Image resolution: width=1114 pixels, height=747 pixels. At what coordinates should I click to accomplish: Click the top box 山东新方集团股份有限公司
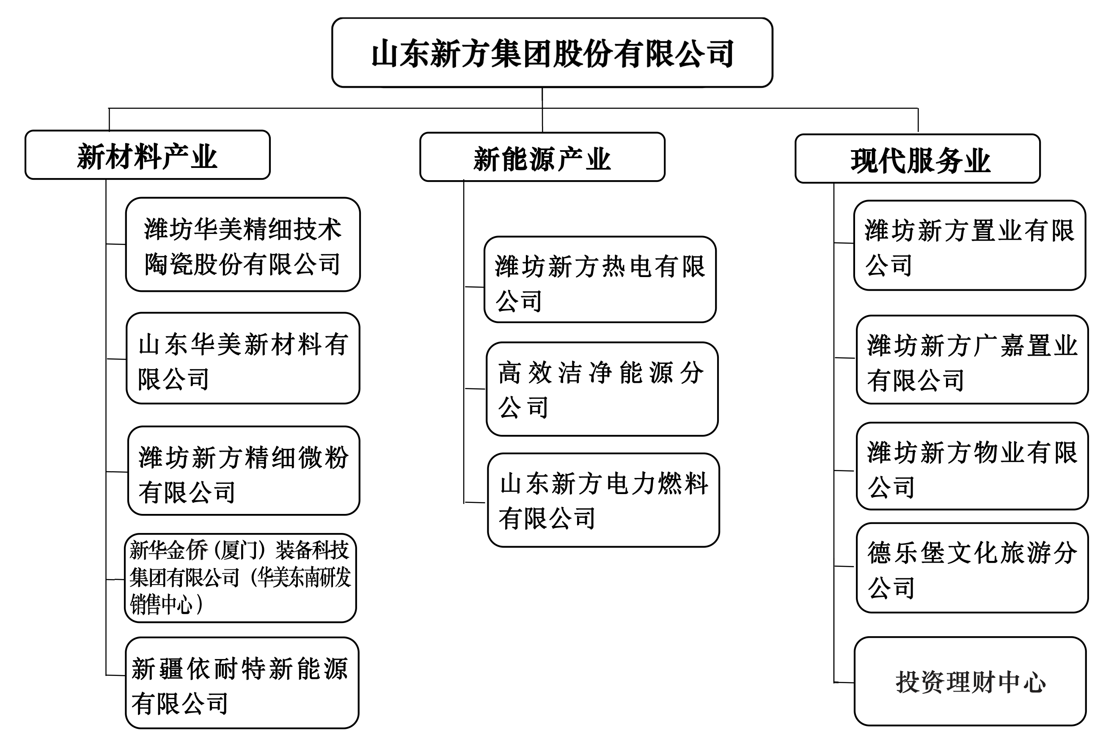552,52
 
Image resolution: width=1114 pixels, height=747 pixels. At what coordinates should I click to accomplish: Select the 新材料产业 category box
148,155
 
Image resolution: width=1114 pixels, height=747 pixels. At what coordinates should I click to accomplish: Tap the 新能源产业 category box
542,157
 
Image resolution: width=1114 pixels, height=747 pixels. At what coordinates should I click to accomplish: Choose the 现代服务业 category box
918,159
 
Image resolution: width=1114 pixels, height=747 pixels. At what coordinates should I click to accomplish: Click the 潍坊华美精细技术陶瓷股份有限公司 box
243,244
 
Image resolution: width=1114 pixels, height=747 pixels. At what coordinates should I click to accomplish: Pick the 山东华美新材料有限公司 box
243,358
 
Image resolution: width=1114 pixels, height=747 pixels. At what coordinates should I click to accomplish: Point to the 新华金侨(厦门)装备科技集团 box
241,578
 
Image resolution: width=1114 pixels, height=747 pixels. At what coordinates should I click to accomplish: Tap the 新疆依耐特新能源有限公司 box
242,683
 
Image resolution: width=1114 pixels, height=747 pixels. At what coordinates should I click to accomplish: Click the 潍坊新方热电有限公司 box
600,280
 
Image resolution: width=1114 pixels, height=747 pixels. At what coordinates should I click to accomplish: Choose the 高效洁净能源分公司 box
602,389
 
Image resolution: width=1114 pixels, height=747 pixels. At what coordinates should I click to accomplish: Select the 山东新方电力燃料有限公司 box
604,500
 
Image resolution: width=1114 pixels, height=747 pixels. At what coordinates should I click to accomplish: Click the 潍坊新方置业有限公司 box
970,245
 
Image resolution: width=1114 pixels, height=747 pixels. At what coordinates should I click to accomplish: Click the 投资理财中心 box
971,681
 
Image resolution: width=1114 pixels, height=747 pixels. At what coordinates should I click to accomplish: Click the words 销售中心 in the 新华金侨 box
162,604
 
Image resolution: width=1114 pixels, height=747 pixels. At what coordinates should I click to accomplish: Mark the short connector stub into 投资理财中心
844,682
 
